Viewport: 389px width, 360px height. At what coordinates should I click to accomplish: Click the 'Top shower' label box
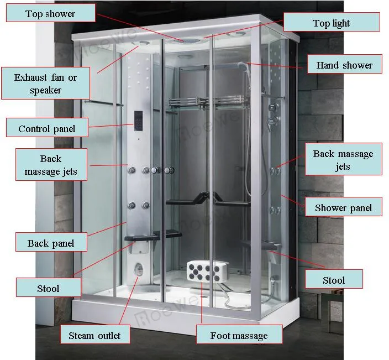tap(50, 14)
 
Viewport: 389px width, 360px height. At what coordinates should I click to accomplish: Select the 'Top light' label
tap(332, 23)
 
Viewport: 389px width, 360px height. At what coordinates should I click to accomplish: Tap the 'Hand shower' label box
tap(344, 65)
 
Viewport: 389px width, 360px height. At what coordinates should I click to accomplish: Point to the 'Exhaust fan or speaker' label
tap(45, 84)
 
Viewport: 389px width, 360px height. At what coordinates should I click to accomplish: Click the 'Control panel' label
tap(46, 129)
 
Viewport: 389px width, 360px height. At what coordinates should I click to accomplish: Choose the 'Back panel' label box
tap(51, 243)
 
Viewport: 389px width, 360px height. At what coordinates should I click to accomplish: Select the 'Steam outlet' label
tap(94, 335)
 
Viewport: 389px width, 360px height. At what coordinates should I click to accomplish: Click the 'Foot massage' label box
tap(239, 335)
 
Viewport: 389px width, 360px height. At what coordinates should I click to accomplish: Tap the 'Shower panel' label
tap(343, 208)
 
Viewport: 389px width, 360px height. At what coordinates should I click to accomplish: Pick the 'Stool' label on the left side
tap(48, 288)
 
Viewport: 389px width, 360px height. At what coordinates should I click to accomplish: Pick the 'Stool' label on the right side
tap(334, 280)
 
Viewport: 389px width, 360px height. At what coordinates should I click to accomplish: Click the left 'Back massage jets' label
tap(51, 165)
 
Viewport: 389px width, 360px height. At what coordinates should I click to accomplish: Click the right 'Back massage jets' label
tap(343, 160)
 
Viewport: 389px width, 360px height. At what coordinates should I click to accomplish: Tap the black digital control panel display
tap(138, 120)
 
